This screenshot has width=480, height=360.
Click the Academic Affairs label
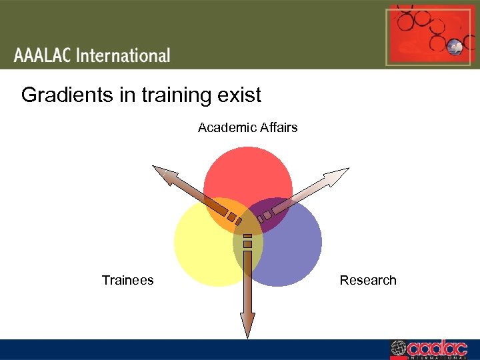pos(247,127)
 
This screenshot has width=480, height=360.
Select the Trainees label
pos(127,280)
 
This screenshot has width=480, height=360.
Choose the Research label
pos(367,280)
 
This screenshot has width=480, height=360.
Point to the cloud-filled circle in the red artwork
pos(455,47)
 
